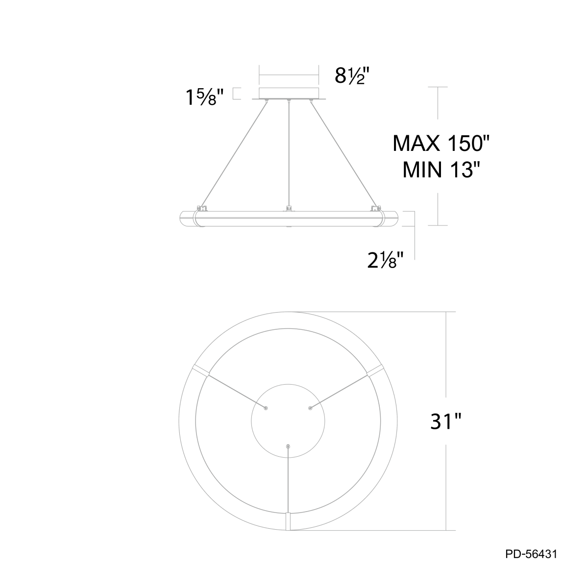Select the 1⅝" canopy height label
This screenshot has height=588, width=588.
pos(205,97)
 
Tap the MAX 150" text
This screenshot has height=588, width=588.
pos(441,143)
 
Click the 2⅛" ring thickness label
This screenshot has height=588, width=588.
pos(386,261)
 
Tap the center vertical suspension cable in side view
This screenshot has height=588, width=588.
pos(289,154)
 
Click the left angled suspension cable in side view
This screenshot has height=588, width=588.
pos(234,154)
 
